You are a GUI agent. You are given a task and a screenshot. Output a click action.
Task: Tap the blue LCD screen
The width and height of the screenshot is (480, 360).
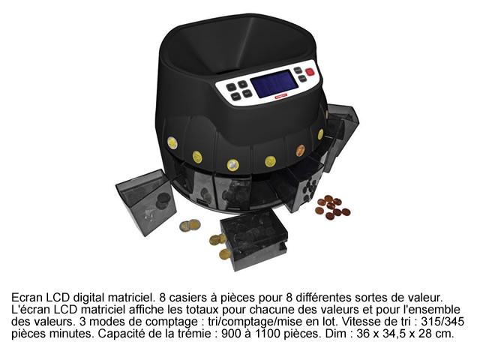click(274, 83)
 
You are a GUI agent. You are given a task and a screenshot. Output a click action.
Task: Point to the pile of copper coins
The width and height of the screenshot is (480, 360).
click(332, 207)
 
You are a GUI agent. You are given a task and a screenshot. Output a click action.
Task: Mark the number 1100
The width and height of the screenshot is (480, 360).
click(266, 334)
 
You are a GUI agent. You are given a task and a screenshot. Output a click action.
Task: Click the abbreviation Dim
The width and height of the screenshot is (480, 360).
click(337, 334)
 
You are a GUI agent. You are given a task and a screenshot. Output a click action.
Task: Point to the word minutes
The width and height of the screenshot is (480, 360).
click(73, 334)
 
